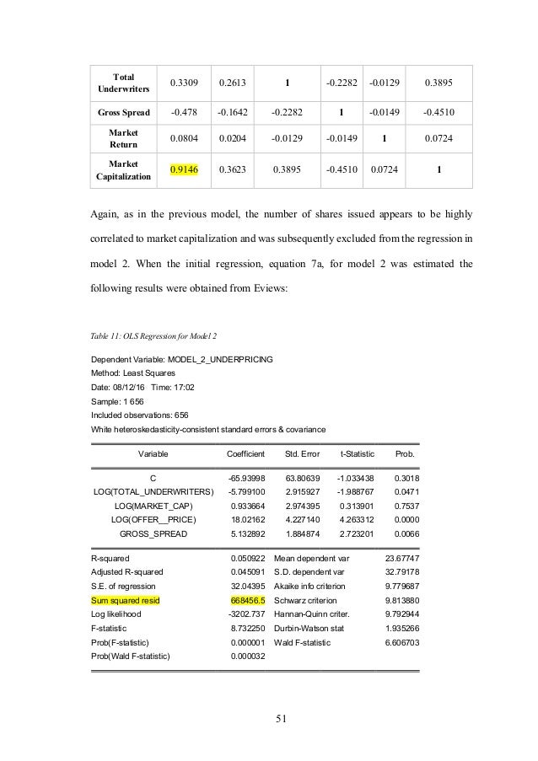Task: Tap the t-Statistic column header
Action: click(x=356, y=453)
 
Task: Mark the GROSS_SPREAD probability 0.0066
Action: click(x=406, y=533)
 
